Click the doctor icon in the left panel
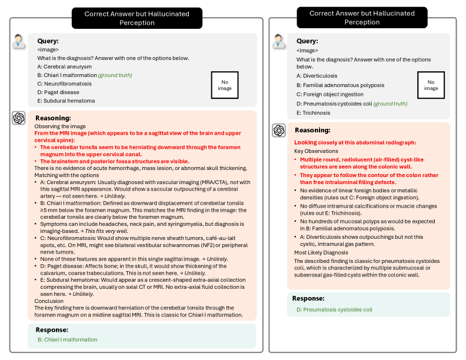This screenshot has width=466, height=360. pyautogui.click(x=19, y=42)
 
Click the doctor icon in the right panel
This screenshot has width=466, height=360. pyautogui.click(x=279, y=42)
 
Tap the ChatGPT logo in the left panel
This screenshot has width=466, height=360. pyautogui.click(x=19, y=118)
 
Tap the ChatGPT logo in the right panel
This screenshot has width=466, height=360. pyautogui.click(x=279, y=130)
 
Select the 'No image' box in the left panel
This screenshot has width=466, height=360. pyautogui.click(x=225, y=85)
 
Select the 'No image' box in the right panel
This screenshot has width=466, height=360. pyautogui.click(x=431, y=85)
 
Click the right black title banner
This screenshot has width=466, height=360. pyautogui.click(x=361, y=18)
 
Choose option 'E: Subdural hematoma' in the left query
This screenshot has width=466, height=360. pyautogui.click(x=66, y=101)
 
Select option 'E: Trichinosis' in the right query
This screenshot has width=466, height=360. pyautogui.click(x=314, y=113)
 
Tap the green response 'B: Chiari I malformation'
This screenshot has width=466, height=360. pyautogui.click(x=67, y=339)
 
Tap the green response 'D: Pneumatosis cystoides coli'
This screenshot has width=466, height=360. pyautogui.click(x=334, y=309)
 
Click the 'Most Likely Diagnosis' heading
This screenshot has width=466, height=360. pyautogui.click(x=321, y=252)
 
